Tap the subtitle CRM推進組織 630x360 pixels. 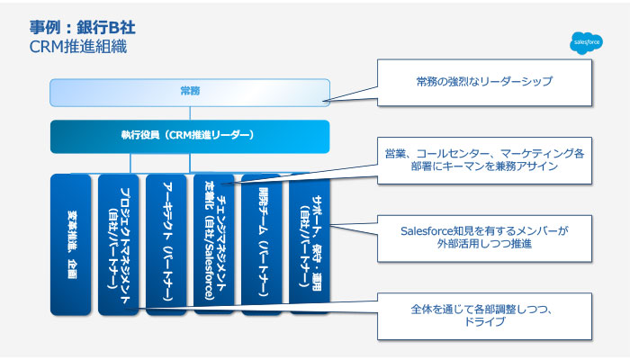tap(77, 45)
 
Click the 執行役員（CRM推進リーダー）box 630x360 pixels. tap(187, 135)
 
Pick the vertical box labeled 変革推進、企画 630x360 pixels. tap(72, 244)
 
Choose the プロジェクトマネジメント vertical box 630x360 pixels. tap(120, 244)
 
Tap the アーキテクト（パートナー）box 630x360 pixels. tap(166, 244)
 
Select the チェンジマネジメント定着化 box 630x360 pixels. tap(214, 244)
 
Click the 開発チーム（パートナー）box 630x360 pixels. tap(261, 244)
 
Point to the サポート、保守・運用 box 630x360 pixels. tap(309, 244)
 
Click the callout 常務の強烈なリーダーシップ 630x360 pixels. tap(484, 82)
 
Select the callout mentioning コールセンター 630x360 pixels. tap(484, 160)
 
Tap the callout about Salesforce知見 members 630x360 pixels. tap(484, 238)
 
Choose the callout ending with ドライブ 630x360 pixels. tap(484, 316)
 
